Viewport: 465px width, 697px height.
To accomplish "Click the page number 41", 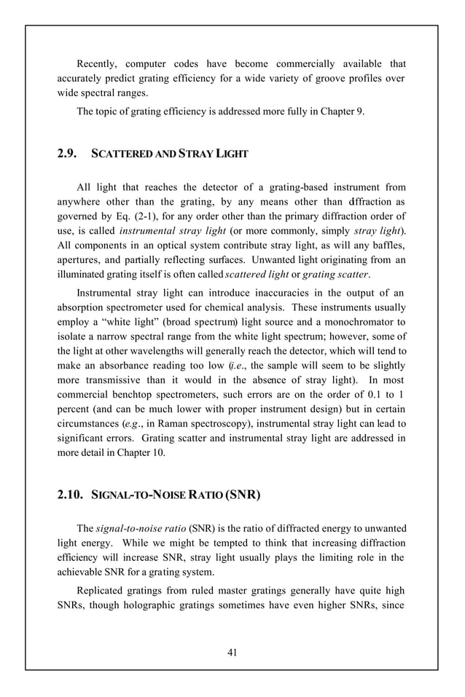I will [232, 652].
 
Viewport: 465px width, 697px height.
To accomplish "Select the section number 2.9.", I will [69, 154].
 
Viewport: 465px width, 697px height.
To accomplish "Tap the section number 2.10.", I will [71, 496].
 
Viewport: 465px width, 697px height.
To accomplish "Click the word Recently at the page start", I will [100, 65].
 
